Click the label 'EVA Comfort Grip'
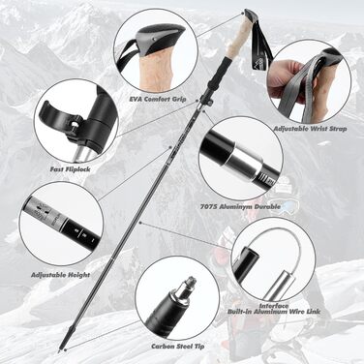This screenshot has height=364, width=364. [157, 99]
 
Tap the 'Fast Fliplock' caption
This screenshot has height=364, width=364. [70, 169]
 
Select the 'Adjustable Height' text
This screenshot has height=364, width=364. [60, 275]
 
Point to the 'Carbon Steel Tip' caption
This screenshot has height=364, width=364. [178, 347]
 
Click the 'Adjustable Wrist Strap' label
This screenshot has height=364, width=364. [310, 129]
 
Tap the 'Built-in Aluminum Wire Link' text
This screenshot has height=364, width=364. [274, 312]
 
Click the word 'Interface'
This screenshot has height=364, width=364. [274, 305]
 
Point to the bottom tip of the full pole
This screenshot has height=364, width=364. [60, 350]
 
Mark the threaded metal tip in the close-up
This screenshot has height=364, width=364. [187, 288]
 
